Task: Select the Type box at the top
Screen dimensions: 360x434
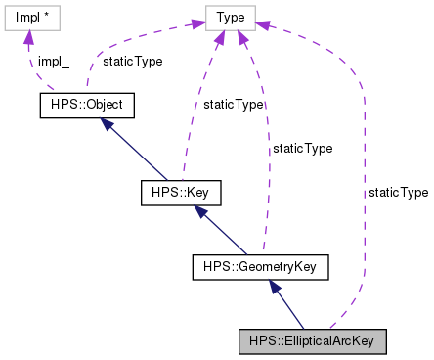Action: click(x=231, y=18)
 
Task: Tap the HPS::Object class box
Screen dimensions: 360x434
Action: click(x=85, y=103)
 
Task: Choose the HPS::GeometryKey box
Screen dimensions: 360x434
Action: click(x=259, y=265)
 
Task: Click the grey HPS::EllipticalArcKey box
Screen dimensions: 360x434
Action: click(x=313, y=340)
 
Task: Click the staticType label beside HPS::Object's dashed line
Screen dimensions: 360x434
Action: click(x=132, y=61)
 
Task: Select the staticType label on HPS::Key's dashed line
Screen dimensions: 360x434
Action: click(x=233, y=104)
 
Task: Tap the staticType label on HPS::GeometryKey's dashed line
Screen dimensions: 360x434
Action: click(x=302, y=149)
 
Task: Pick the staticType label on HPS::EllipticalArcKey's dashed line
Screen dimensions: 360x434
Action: click(x=398, y=193)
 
